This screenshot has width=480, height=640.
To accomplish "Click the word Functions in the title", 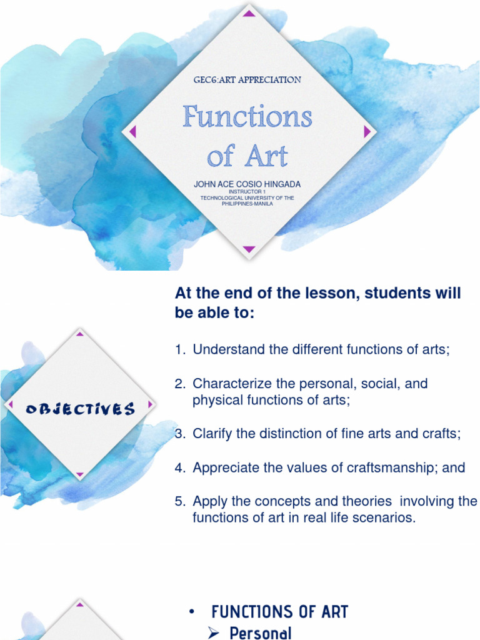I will tap(247, 117).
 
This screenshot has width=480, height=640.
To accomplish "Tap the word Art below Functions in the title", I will tap(266, 156).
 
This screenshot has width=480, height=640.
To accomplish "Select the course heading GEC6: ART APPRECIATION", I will tap(247, 80).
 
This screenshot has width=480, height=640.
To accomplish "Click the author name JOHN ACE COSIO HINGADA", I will tap(247, 184).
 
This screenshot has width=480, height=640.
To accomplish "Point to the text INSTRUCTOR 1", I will tap(247, 192).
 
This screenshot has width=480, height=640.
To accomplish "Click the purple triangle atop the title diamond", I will tap(249, 13).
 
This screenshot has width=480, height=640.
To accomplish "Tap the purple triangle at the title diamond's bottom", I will tap(249, 249).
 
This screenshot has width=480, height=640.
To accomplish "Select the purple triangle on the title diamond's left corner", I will tap(131, 131).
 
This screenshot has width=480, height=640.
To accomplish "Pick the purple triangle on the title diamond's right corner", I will tap(367, 131).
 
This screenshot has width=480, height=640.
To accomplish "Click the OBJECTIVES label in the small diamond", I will tap(80, 409).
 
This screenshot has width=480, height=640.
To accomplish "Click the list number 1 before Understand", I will tap(179, 350).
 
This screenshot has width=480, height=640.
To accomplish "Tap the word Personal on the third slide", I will tap(261, 633).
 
